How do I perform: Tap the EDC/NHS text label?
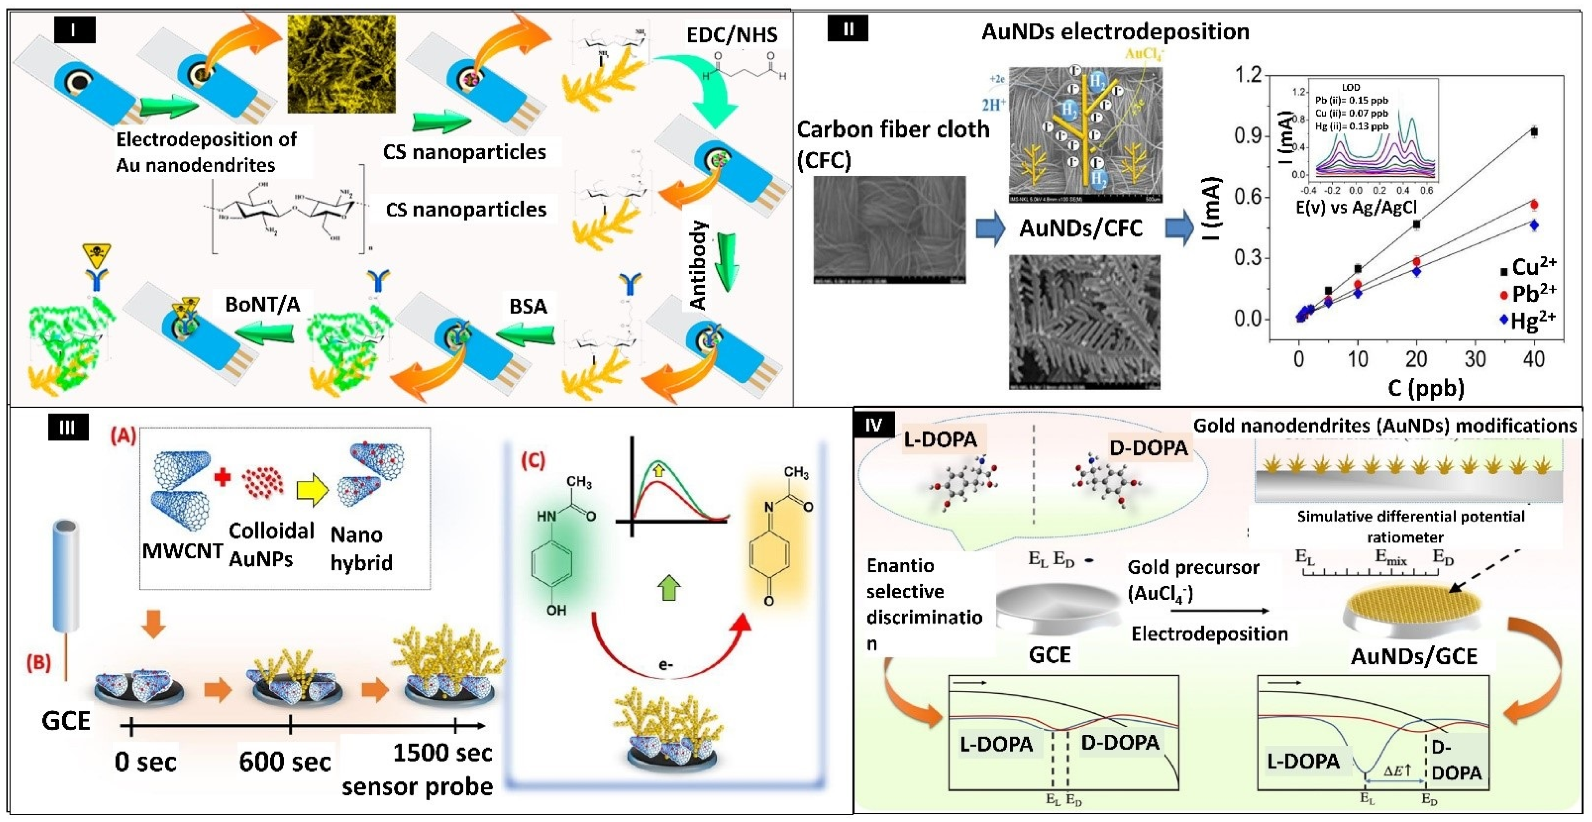pos(732,35)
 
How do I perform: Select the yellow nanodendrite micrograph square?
pos(342,64)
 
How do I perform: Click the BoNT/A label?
pos(263,304)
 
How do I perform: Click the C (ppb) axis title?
pos(1425,388)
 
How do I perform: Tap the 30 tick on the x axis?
pos(1475,359)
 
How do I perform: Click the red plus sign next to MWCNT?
pos(222,477)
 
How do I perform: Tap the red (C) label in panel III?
pos(533,461)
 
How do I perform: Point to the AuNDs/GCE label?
pos(1413,656)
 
